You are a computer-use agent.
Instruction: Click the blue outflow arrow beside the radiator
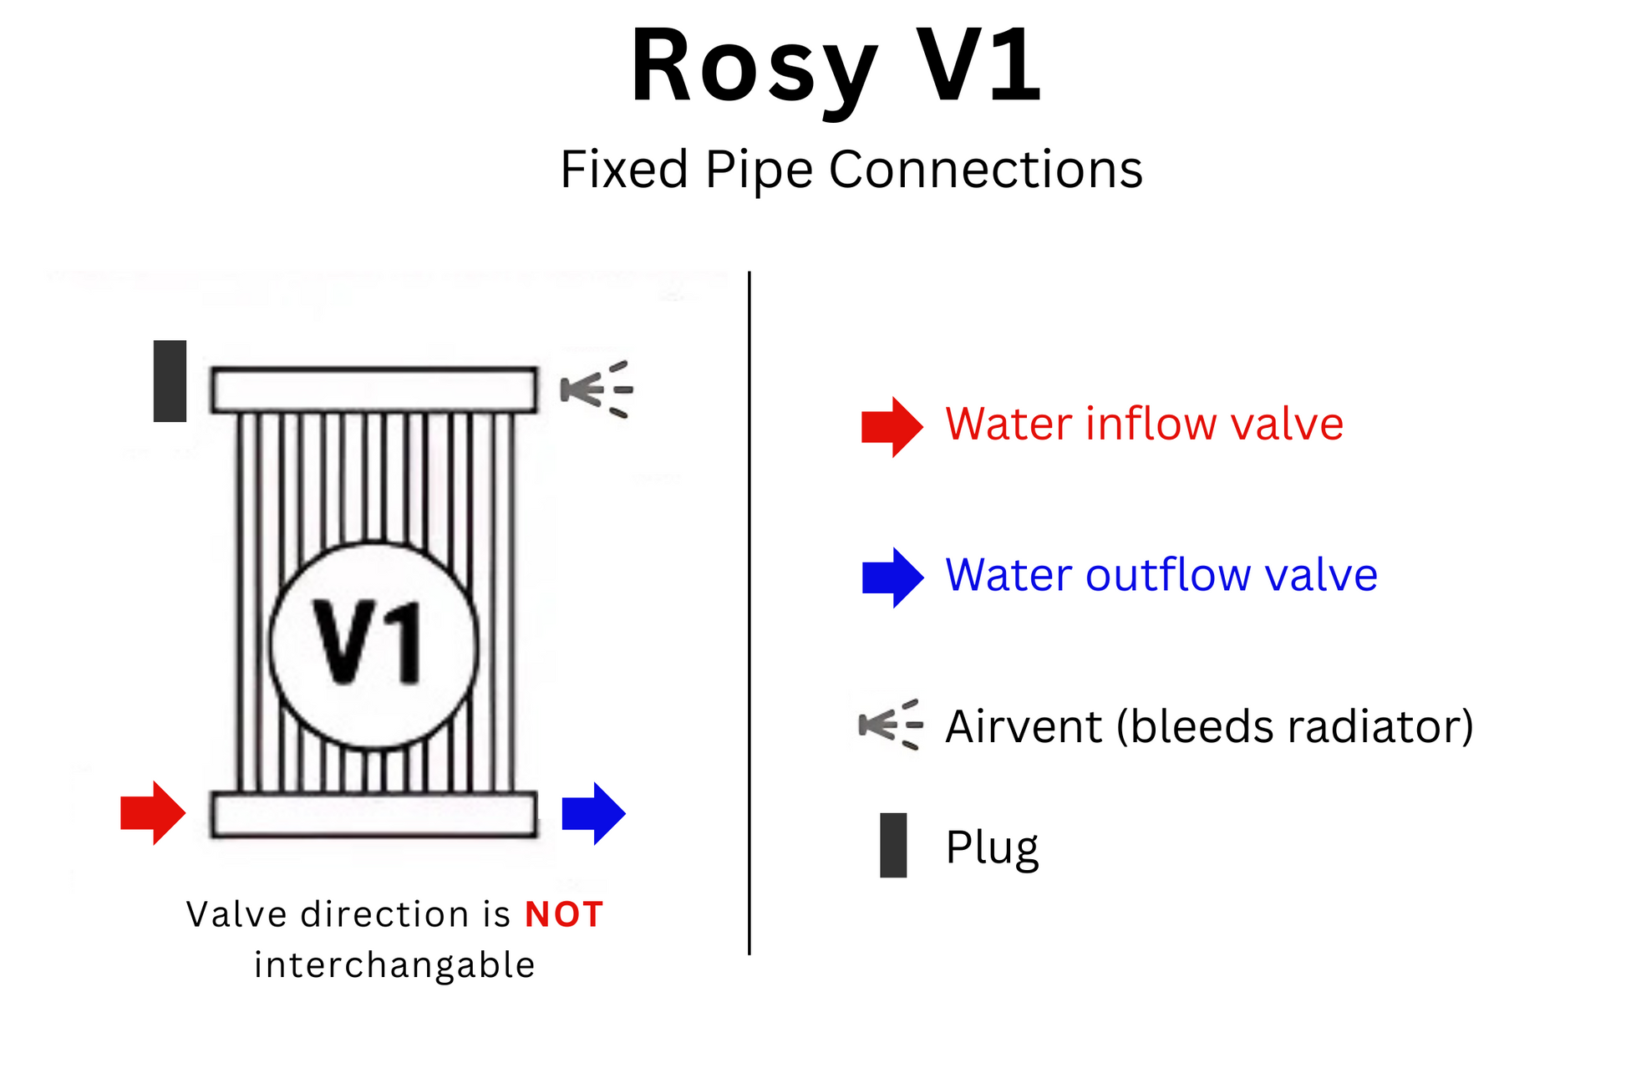click(593, 812)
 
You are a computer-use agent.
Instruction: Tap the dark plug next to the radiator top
click(170, 381)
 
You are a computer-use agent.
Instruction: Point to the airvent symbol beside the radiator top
click(596, 389)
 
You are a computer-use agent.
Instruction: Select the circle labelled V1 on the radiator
click(373, 644)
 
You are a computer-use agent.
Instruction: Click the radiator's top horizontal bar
click(373, 389)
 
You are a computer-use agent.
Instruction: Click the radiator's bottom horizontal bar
click(373, 814)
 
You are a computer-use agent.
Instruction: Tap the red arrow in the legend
click(892, 426)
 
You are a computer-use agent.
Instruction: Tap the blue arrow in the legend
click(892, 577)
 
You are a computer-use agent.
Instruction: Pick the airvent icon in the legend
click(891, 724)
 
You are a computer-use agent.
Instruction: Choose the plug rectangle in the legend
click(893, 845)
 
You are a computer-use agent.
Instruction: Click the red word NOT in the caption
click(564, 914)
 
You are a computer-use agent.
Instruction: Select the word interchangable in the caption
click(394, 965)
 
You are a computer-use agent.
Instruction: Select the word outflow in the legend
click(1169, 575)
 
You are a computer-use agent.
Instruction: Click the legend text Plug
click(992, 847)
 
